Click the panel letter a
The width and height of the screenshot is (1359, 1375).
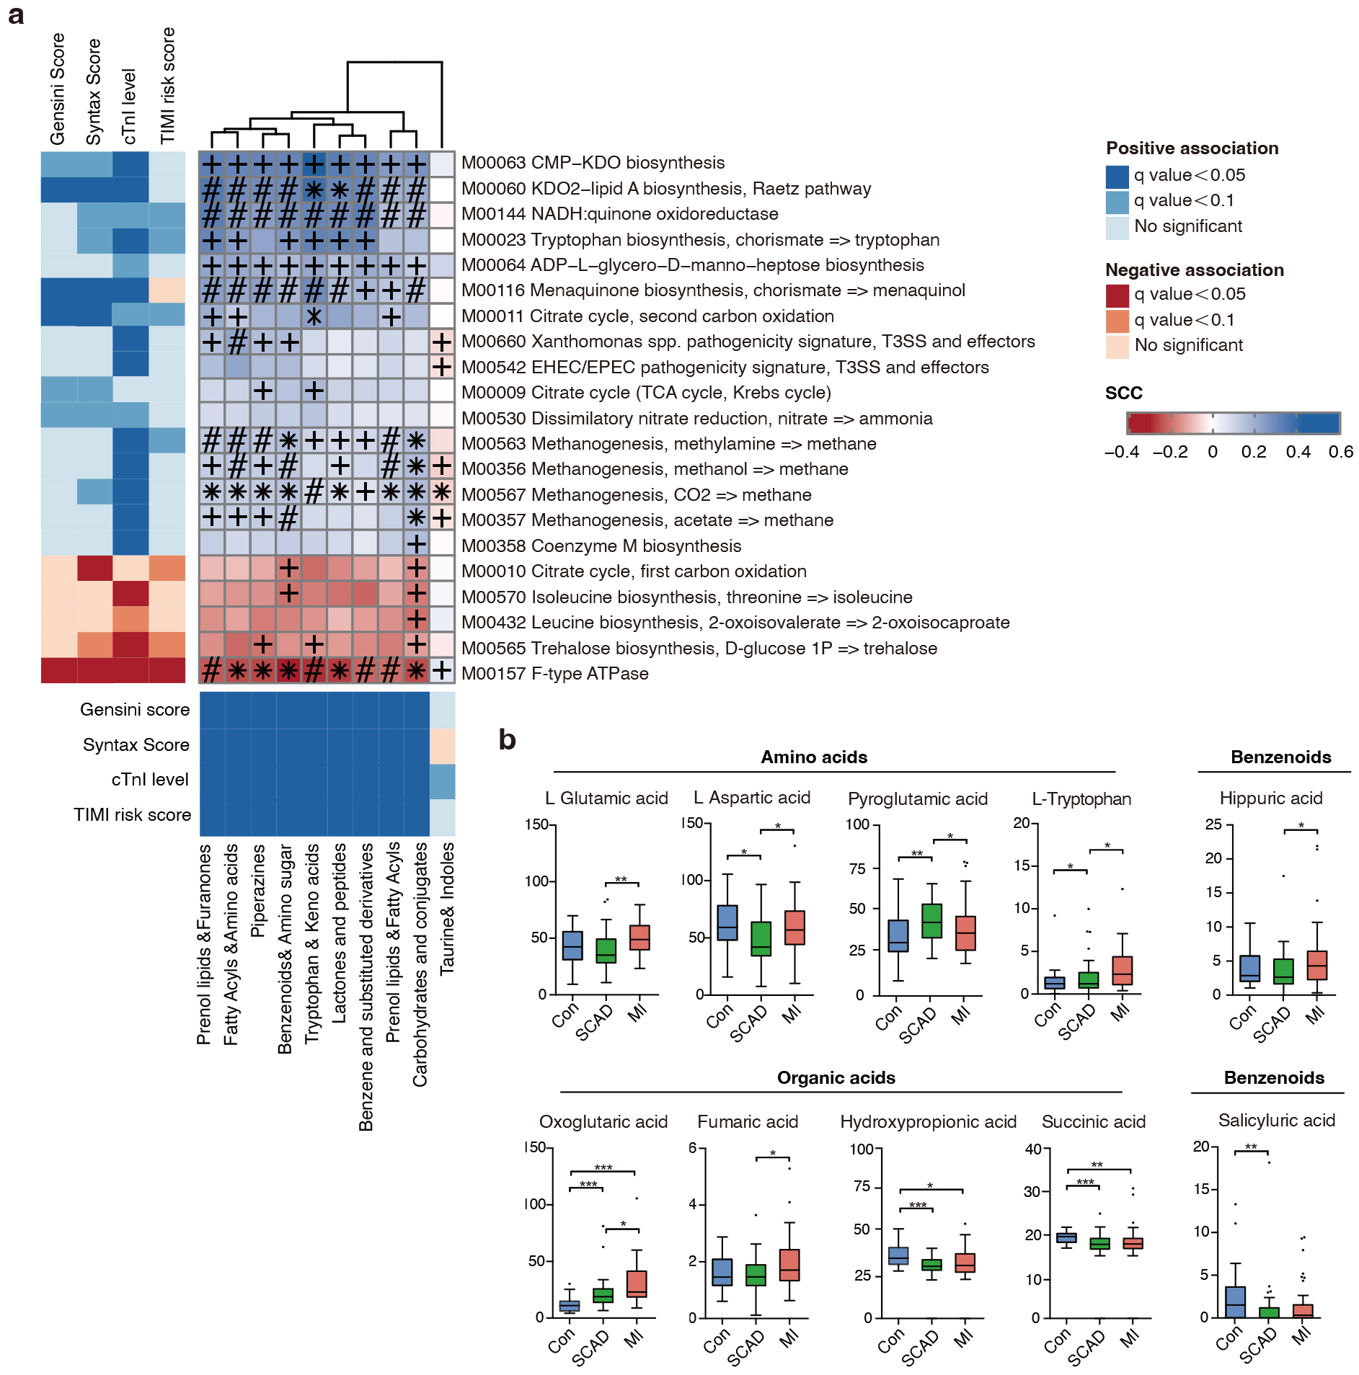click(16, 14)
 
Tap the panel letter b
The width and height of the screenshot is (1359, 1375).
click(507, 739)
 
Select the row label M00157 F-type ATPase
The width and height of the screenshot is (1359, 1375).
click(554, 674)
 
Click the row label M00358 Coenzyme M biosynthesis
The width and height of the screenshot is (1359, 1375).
click(601, 546)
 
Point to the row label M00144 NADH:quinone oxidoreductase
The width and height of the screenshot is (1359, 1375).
click(619, 214)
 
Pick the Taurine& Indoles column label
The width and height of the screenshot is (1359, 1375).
click(448, 908)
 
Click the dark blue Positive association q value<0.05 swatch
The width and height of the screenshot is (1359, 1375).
click(1117, 176)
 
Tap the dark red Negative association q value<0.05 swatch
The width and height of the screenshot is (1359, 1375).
click(1117, 295)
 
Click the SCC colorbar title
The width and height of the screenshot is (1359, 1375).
click(1123, 393)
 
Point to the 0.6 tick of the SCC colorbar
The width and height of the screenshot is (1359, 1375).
click(1340, 452)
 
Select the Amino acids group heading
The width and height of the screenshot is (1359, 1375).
click(814, 757)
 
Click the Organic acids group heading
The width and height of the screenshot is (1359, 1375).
click(836, 1078)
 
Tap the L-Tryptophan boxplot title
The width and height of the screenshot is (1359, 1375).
click(1081, 799)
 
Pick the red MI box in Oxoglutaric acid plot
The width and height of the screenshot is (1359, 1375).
click(636, 1283)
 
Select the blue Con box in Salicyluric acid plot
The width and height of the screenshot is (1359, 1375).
click(1235, 1301)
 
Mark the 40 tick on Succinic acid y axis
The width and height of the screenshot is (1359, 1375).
click(1032, 1149)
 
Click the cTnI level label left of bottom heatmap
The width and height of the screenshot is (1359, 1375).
click(150, 780)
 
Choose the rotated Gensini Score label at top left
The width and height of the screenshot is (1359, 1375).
click(58, 88)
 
